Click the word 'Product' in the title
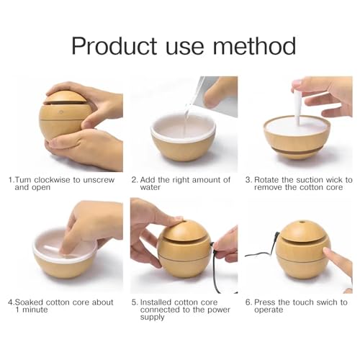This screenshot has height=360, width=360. (114, 46)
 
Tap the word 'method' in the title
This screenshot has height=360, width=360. (254, 45)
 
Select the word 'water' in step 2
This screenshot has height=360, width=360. (150, 187)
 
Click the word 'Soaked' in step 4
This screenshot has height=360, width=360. (29, 302)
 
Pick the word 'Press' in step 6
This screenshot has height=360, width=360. (265, 302)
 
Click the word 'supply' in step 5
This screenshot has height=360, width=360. (152, 318)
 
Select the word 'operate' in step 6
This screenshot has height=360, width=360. (269, 310)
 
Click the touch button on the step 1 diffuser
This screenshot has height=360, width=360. (61, 112)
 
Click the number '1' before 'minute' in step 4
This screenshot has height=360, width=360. (17, 310)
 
